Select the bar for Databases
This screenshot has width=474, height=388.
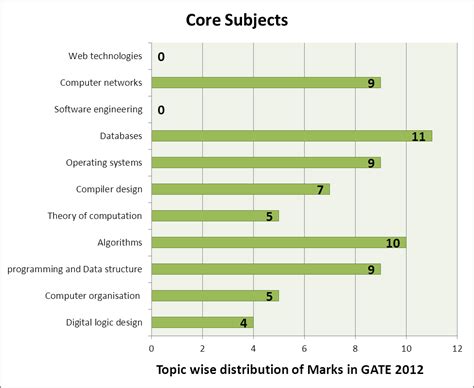pos(290,135)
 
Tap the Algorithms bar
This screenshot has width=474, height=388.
pos(278,242)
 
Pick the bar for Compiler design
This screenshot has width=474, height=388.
pos(240,189)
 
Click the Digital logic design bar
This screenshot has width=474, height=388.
pos(202,322)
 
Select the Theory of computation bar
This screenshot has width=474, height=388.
pos(214,215)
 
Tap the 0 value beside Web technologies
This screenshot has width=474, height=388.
pos(161,57)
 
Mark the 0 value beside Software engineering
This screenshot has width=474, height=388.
pos(161,110)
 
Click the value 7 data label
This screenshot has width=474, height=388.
pos(320,189)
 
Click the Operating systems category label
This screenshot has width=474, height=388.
pos(104,162)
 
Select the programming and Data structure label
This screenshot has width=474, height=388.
pos(75,269)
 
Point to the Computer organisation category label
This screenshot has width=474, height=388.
pos(94,295)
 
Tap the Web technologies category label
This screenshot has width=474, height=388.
pos(105,56)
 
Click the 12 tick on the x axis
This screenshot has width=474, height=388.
pos(457,348)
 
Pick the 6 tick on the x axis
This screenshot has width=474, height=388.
pos(304,348)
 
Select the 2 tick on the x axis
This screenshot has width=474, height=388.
pos(202,348)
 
